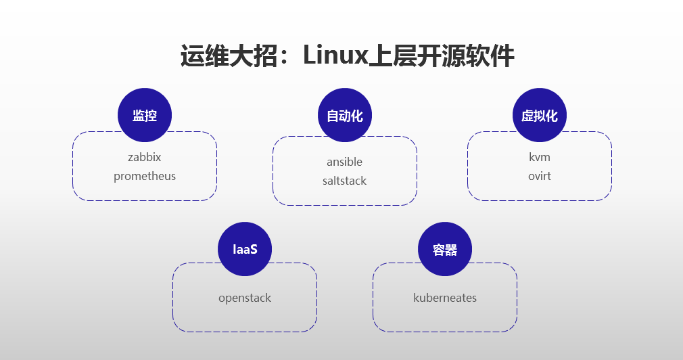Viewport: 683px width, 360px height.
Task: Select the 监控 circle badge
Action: pyautogui.click(x=145, y=116)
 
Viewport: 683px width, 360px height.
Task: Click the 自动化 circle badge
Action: pyautogui.click(x=345, y=116)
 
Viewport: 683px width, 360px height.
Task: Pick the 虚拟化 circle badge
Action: pyautogui.click(x=540, y=116)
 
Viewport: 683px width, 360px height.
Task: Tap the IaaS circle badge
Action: pyautogui.click(x=245, y=250)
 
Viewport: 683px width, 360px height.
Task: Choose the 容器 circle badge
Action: pyautogui.click(x=445, y=250)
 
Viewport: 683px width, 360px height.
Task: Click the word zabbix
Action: pyautogui.click(x=145, y=157)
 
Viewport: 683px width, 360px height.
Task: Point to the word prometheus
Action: pyautogui.click(x=145, y=176)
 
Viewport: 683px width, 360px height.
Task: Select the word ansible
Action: pyautogui.click(x=345, y=162)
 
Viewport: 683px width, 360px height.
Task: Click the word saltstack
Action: pyautogui.click(x=345, y=181)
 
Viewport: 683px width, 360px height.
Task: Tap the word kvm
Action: pyautogui.click(x=540, y=157)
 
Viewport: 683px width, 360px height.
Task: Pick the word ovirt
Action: pyautogui.click(x=540, y=176)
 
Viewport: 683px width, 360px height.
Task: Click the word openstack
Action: pyautogui.click(x=245, y=298)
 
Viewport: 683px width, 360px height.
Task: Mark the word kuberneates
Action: pyautogui.click(x=445, y=298)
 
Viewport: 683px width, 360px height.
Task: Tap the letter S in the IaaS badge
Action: pyautogui.click(x=254, y=250)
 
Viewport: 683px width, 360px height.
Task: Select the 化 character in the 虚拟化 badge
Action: pyautogui.click(x=552, y=116)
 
